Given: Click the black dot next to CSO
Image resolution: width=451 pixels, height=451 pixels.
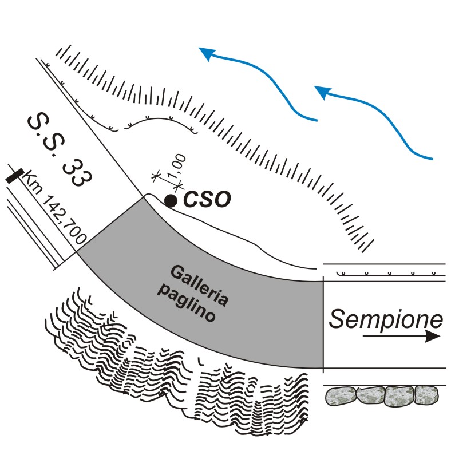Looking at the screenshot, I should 170,200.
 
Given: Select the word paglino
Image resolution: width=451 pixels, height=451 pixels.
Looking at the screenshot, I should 185,304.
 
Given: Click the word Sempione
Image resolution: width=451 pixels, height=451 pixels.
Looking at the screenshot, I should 386,319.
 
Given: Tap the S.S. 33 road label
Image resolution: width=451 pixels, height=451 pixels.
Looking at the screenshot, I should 58,148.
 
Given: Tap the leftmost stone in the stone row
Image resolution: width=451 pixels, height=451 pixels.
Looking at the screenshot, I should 341,397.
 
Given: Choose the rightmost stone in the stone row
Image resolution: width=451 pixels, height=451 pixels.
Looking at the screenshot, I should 425,396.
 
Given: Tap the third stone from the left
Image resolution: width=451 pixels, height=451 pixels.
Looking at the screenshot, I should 399,397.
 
